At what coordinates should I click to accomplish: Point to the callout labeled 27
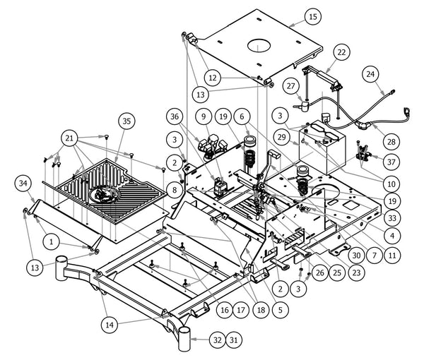click(290, 85)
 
